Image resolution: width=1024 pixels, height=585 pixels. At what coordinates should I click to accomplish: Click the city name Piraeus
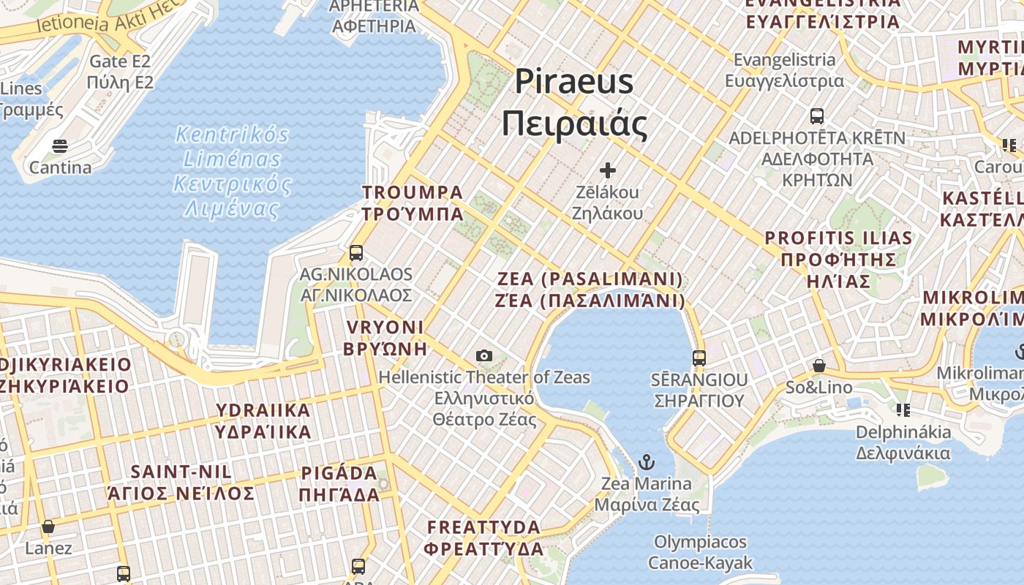pyautogui.click(x=574, y=80)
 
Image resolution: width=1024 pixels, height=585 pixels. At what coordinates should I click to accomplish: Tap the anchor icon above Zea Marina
pyautogui.click(x=646, y=462)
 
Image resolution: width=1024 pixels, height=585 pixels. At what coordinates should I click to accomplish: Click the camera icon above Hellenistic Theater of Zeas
pyautogui.click(x=483, y=356)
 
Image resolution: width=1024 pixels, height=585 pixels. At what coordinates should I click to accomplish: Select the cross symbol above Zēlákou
pyautogui.click(x=607, y=170)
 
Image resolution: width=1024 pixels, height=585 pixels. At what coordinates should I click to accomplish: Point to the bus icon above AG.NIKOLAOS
pyautogui.click(x=356, y=253)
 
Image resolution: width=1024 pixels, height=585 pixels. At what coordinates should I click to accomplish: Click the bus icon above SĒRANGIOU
pyautogui.click(x=699, y=358)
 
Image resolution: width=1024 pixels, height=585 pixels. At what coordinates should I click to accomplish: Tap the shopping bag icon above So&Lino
pyautogui.click(x=819, y=366)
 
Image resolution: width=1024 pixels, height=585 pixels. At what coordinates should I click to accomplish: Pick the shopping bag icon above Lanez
pyautogui.click(x=48, y=526)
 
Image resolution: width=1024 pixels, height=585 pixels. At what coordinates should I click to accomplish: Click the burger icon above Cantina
pyautogui.click(x=60, y=146)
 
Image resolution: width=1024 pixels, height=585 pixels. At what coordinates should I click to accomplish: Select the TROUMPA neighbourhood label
pyautogui.click(x=413, y=193)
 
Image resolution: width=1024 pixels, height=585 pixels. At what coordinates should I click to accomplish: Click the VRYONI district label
pyautogui.click(x=385, y=328)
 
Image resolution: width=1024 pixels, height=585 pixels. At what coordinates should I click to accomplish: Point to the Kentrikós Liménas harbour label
pyautogui.click(x=233, y=135)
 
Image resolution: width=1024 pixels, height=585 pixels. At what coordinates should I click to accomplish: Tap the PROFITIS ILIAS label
pyautogui.click(x=838, y=238)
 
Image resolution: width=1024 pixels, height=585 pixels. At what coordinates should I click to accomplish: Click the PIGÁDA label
pyautogui.click(x=339, y=474)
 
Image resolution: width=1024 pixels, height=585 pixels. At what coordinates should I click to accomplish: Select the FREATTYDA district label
pyautogui.click(x=484, y=527)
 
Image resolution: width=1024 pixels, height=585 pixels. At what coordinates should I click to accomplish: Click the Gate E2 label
pyautogui.click(x=120, y=61)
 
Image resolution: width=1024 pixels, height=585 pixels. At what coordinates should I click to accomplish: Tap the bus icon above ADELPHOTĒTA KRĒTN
pyautogui.click(x=817, y=116)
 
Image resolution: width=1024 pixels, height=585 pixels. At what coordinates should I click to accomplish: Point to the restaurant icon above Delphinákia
pyautogui.click(x=903, y=410)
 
